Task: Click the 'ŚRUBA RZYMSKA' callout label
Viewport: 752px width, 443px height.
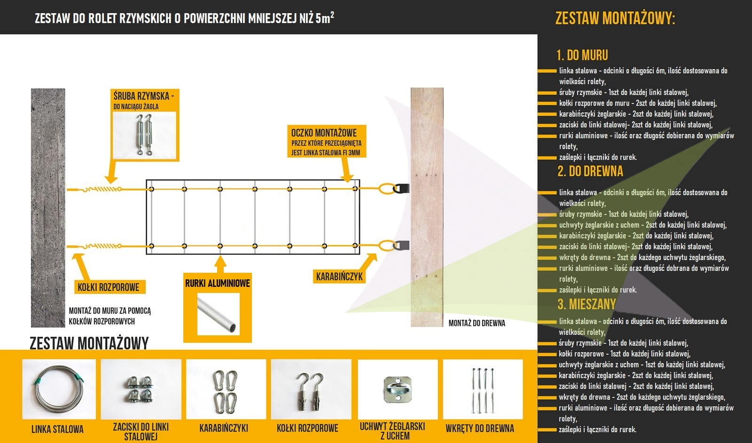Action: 143,96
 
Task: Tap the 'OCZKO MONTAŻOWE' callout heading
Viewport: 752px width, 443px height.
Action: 324,133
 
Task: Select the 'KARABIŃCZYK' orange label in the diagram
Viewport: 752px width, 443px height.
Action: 339,277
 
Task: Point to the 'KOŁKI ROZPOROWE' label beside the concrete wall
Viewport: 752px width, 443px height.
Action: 109,287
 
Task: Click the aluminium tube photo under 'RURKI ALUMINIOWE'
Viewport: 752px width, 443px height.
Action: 218,314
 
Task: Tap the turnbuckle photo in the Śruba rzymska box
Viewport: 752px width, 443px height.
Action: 144,135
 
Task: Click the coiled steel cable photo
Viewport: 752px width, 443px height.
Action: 59,389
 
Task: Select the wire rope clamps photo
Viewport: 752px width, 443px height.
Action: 141,389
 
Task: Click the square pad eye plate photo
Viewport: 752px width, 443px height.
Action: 398,389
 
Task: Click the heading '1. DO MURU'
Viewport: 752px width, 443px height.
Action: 582,55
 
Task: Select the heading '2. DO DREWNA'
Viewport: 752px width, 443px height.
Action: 590,171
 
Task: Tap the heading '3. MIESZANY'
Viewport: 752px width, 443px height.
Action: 587,304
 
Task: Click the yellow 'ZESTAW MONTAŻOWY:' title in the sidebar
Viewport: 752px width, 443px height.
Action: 615,18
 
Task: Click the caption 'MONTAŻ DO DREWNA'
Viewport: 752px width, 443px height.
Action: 477,323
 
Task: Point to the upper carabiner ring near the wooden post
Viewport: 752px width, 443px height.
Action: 387,189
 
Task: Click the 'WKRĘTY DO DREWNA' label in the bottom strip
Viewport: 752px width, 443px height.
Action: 480,428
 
